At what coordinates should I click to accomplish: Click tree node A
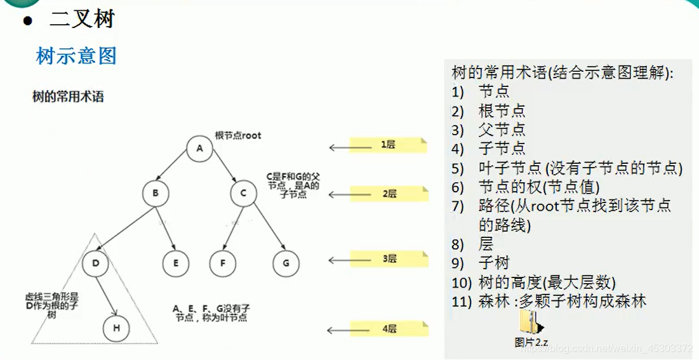(199, 149)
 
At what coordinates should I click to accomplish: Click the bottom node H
(117, 328)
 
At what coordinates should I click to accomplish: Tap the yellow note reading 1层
(388, 145)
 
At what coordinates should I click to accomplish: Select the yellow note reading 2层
(389, 194)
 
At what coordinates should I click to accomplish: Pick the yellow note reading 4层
(389, 328)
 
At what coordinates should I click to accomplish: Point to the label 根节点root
(238, 135)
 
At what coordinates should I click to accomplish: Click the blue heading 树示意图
(76, 56)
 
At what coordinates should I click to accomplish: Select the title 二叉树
(81, 19)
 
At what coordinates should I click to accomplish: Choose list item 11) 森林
(549, 301)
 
